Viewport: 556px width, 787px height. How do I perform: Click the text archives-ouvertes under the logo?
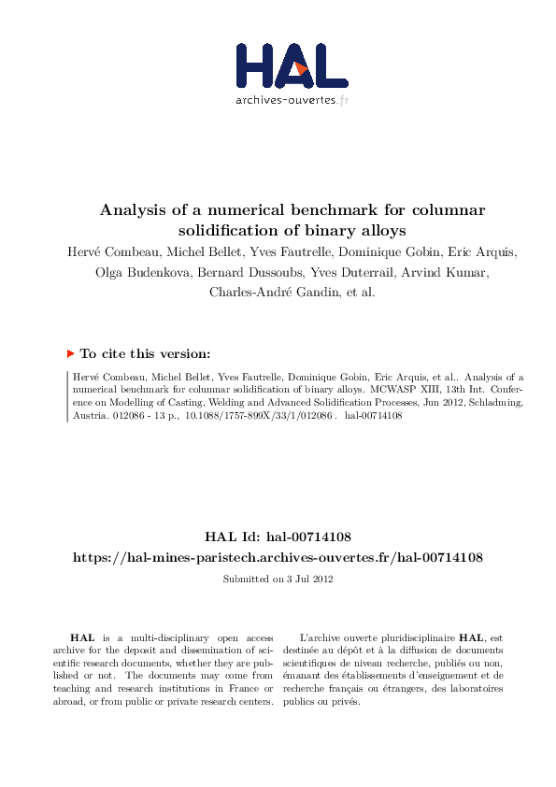click(284, 99)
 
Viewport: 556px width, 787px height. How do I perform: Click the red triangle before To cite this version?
click(70, 353)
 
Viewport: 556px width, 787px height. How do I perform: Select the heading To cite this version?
click(145, 354)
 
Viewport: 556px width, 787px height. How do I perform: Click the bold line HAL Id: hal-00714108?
click(278, 537)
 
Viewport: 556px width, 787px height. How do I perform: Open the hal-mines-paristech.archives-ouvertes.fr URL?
click(278, 557)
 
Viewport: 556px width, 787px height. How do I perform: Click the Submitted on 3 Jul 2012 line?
click(278, 579)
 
